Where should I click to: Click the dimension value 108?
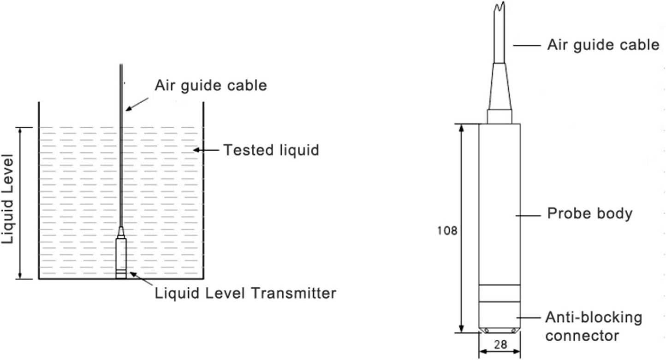coord(447,230)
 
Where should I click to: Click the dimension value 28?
coord(499,344)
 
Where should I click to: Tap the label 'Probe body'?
coord(589,214)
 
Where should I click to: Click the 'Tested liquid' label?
coord(271,150)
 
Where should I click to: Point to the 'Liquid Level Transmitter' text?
coord(245,293)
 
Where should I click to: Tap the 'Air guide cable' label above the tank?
coord(211,85)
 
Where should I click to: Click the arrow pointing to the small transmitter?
coord(140,280)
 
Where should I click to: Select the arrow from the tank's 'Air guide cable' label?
coord(137,104)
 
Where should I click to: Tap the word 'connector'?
coord(582,335)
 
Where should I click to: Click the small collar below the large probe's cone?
coord(499,116)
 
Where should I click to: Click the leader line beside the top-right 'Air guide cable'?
coord(526,45)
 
